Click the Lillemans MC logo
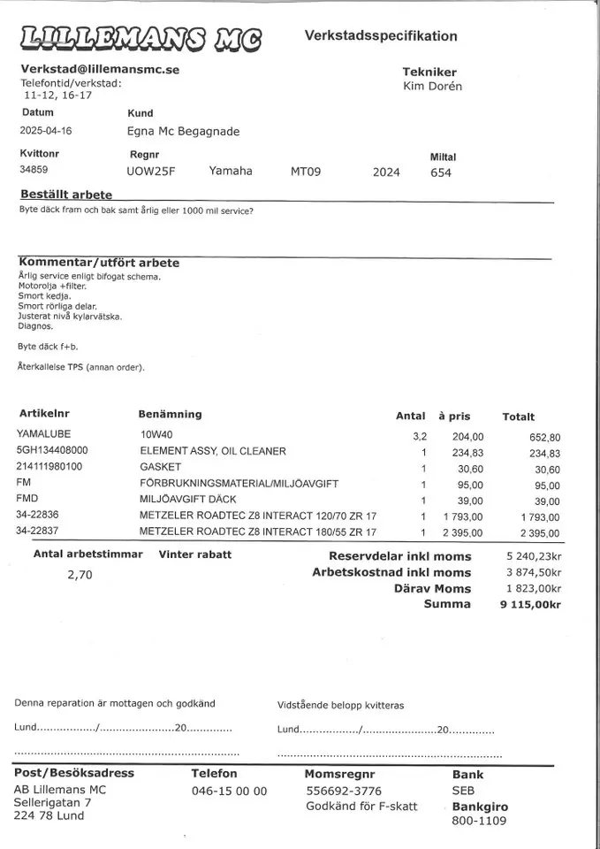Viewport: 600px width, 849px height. pyautogui.click(x=140, y=38)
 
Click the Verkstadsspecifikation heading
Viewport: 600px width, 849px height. pyautogui.click(x=381, y=36)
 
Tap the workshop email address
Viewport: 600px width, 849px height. pyautogui.click(x=99, y=69)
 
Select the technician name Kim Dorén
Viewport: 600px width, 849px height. pyautogui.click(x=432, y=87)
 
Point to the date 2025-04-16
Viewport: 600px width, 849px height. pyautogui.click(x=46, y=131)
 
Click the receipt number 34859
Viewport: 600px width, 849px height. pyautogui.click(x=34, y=170)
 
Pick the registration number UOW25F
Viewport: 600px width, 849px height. pyautogui.click(x=151, y=172)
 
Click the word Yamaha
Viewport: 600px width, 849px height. pyautogui.click(x=231, y=171)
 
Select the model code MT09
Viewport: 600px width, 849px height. pyautogui.click(x=305, y=172)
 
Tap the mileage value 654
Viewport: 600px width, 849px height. pyautogui.click(x=441, y=172)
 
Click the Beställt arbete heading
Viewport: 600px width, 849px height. pyautogui.click(x=66, y=195)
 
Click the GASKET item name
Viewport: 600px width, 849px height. pyautogui.click(x=160, y=467)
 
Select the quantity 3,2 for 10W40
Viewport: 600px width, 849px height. pyautogui.click(x=420, y=436)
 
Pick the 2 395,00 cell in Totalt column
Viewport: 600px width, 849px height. pyautogui.click(x=539, y=532)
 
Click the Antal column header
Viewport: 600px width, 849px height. pyautogui.click(x=410, y=416)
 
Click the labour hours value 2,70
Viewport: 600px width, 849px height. pyautogui.click(x=80, y=575)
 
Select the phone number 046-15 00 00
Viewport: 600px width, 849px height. pyautogui.click(x=229, y=792)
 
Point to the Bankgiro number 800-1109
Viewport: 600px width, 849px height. pyautogui.click(x=479, y=822)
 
